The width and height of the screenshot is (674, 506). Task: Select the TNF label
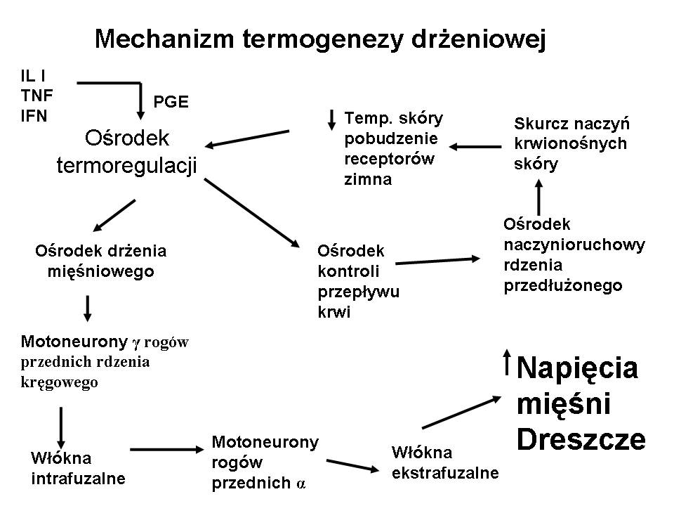[x=37, y=95]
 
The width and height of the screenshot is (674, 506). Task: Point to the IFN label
[x=34, y=115]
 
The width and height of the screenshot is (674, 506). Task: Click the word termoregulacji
[x=126, y=164]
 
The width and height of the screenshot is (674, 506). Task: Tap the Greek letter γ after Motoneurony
[x=137, y=343]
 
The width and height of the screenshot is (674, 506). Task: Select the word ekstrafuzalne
[x=445, y=472]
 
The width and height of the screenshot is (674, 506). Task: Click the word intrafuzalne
[x=79, y=479]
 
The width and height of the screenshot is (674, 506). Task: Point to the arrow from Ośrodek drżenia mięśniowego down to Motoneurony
[x=87, y=306]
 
